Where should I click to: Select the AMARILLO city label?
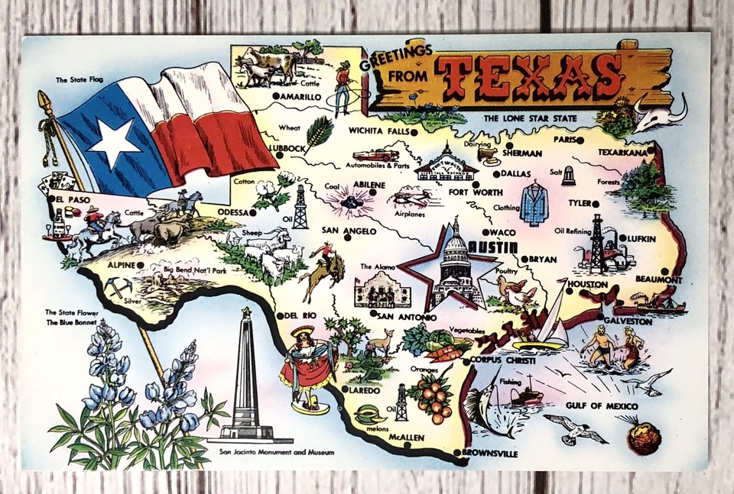point(299,97)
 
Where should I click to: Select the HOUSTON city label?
point(587,284)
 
